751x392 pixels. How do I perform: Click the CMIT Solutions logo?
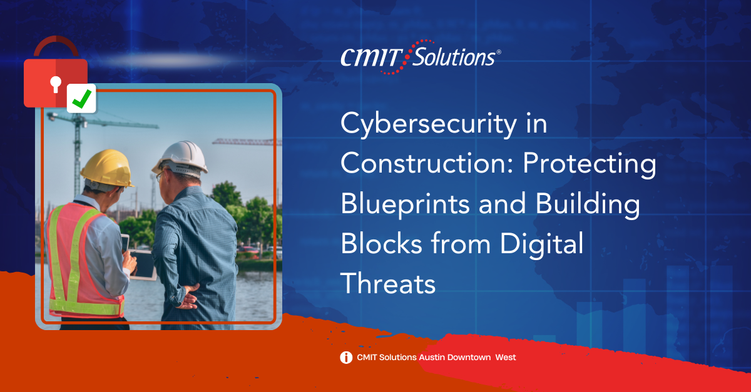(421, 57)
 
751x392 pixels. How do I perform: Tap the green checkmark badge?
(81, 99)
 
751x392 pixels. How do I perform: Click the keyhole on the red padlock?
(56, 84)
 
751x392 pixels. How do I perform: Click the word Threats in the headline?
(388, 283)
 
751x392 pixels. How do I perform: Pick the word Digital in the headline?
(541, 244)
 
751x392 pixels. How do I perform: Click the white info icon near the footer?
(346, 358)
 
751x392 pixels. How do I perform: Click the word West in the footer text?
(506, 358)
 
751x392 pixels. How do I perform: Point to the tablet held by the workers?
(143, 265)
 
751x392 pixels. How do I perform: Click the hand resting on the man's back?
(187, 297)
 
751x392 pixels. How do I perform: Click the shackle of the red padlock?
(56, 46)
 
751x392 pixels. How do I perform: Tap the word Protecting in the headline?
(590, 165)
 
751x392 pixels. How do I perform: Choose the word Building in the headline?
(588, 204)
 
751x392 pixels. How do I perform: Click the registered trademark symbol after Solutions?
(499, 52)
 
